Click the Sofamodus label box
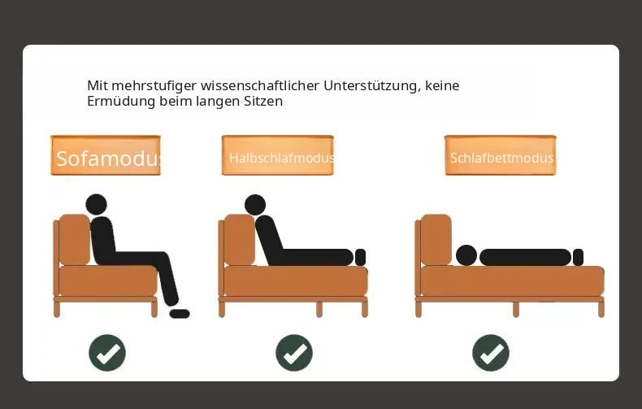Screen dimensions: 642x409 point(106,155)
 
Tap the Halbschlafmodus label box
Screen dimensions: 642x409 point(278,155)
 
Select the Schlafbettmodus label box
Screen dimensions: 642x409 point(501,155)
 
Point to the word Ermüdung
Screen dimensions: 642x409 point(121,101)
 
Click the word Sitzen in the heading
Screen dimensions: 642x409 point(263,101)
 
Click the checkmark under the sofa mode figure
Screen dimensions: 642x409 point(107,353)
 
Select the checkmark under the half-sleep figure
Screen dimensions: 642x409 point(294,353)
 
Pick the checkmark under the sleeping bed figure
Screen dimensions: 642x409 point(491,353)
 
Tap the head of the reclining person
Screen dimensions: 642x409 point(255,205)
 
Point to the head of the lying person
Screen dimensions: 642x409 point(466,255)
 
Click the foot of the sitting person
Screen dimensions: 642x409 point(180,314)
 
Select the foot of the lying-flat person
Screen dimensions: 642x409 point(578,258)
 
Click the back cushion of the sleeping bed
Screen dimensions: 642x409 point(436,240)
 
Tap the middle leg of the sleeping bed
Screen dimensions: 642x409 point(516,310)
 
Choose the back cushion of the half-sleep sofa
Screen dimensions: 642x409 point(240,240)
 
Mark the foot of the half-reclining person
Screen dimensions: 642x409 point(360,258)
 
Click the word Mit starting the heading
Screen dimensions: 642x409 point(98,85)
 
